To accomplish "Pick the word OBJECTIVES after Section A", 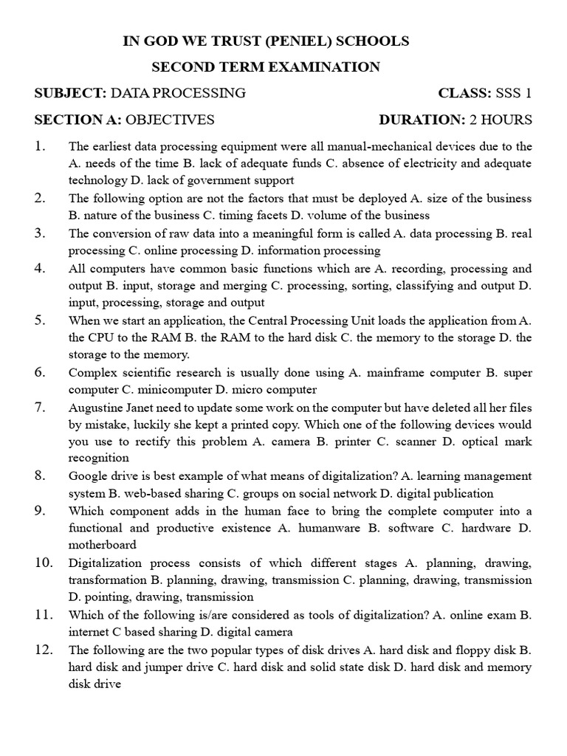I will coord(171,119).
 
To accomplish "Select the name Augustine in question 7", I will coord(94,408).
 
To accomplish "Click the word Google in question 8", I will coord(87,476).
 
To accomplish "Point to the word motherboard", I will coord(103,545).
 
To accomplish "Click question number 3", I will coord(40,233).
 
